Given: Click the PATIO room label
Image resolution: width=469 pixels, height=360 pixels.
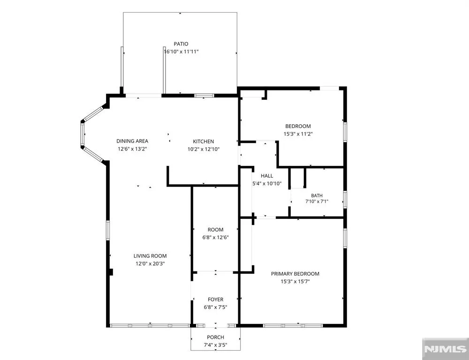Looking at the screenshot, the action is (181, 44).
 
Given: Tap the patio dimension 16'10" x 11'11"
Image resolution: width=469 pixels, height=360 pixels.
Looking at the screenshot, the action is (181, 52).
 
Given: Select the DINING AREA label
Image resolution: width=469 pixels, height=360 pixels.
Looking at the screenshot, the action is (132, 141).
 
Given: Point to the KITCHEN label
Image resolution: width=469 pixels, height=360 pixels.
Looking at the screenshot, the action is (204, 142).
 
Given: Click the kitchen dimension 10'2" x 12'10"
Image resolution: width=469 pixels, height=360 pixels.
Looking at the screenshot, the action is (204, 149).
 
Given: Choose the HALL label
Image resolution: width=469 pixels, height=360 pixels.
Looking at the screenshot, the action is (267, 176).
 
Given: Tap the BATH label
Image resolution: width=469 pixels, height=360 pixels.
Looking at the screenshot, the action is (317, 195).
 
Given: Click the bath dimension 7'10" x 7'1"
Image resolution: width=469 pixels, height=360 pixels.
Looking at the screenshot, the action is (317, 202).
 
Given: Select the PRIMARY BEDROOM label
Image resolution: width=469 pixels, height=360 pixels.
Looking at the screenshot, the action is (295, 274).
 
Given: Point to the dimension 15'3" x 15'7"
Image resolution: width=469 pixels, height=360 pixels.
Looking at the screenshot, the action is (295, 281).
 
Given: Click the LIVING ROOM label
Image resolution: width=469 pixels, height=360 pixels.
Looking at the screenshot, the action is (150, 256).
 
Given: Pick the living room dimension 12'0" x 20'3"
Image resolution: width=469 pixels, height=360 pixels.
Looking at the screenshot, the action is (150, 264).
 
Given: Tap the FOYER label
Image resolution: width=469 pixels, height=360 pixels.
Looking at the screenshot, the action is (215, 300).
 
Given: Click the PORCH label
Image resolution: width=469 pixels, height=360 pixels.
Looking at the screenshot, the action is (215, 337).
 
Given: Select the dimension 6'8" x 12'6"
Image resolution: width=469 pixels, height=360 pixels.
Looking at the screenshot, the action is (215, 237).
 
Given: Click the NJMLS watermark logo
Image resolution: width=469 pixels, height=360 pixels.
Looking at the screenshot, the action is (446, 349).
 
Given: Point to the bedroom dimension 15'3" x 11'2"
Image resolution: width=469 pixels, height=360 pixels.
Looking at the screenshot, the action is (298, 134).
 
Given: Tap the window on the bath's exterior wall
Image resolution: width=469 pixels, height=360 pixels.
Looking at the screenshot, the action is (345, 199).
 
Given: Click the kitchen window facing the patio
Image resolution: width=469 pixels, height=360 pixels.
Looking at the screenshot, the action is (204, 96).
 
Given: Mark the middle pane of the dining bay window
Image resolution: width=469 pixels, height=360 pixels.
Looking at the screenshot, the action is (82, 134).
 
